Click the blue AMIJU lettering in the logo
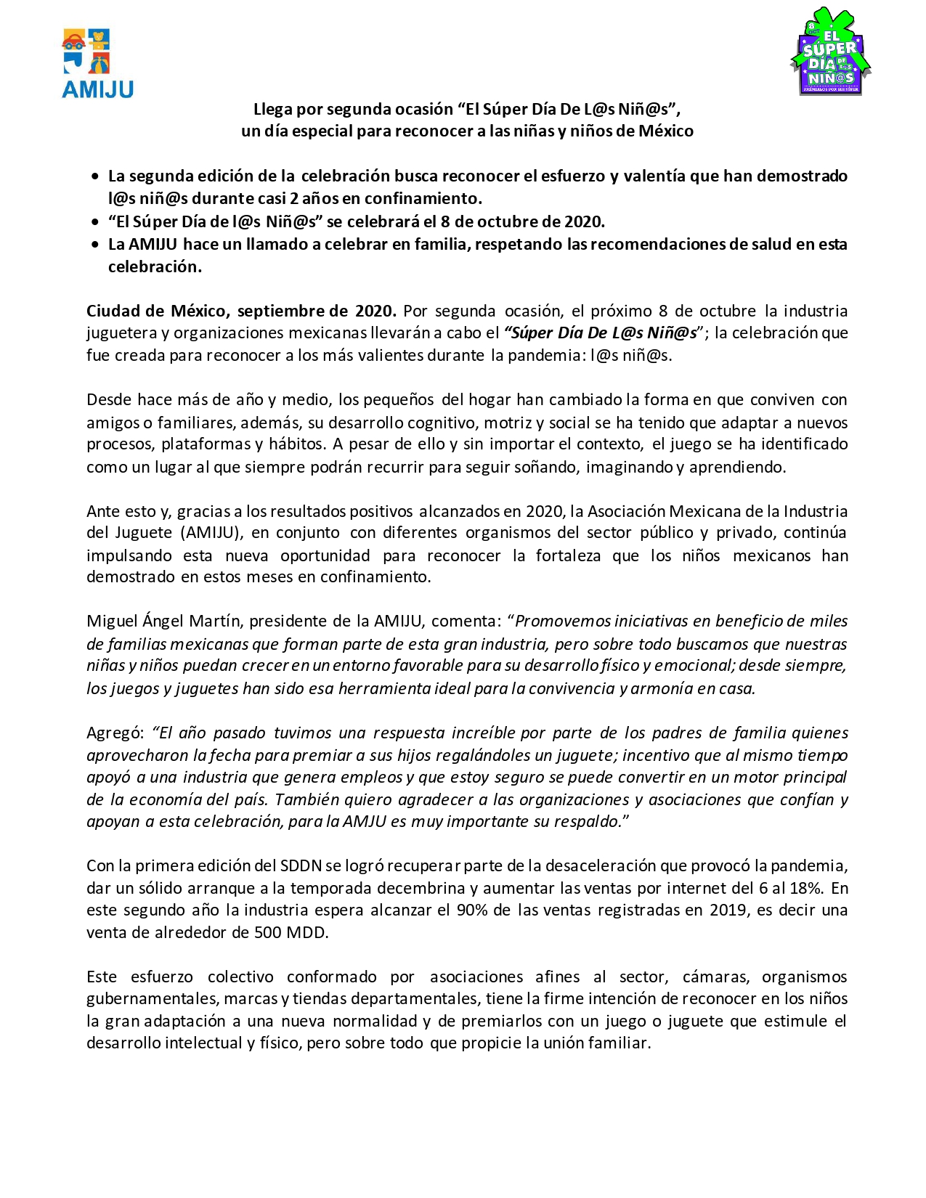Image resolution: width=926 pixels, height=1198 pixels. [x=97, y=89]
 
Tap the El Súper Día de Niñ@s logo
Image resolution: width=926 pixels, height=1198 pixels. [x=830, y=52]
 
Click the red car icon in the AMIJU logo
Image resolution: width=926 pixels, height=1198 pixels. [x=73, y=41]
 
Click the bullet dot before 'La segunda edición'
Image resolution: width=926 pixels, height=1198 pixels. [x=96, y=176]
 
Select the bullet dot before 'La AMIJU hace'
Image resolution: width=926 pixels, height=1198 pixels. [x=96, y=245]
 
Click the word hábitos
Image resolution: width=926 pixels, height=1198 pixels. [x=296, y=444]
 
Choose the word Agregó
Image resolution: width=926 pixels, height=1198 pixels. [x=115, y=733]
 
